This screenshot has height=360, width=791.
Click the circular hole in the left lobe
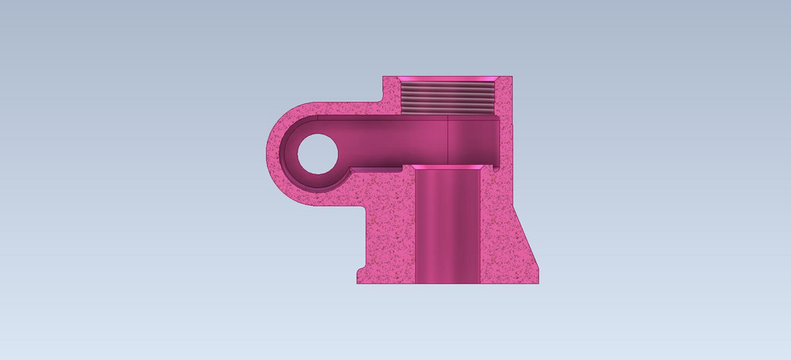click(316, 152)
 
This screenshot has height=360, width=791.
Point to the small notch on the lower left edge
click(358, 270)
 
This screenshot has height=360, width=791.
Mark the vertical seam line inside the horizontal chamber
click(447, 140)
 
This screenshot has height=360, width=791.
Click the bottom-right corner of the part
click(539, 283)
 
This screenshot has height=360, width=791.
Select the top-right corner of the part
click(512, 77)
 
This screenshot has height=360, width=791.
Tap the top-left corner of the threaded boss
click(383, 77)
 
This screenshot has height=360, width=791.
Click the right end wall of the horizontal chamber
click(498, 140)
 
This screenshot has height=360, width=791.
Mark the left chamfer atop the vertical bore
click(414, 167)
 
